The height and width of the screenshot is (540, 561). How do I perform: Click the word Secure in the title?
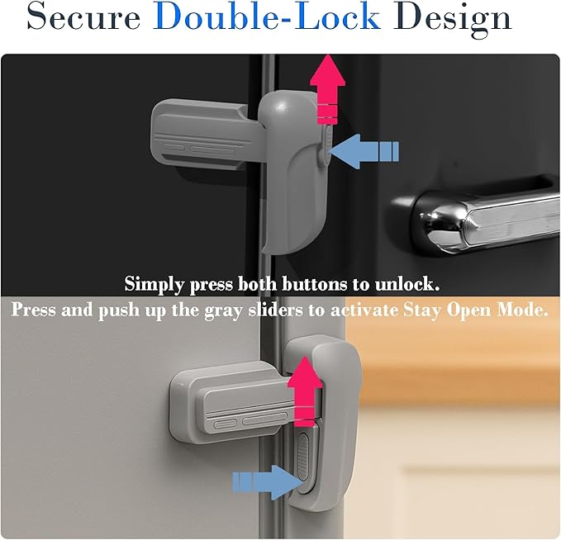(x=83, y=18)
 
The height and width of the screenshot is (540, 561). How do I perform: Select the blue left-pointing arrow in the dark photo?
(x=364, y=151)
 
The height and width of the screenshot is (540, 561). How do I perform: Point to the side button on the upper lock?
(x=324, y=140)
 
